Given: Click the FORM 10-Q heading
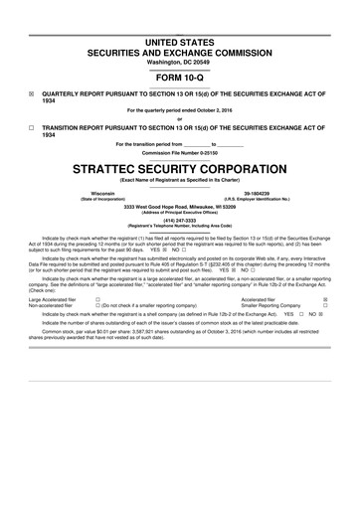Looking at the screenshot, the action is [179, 78].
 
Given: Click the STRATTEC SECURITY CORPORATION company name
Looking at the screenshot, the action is [179, 168].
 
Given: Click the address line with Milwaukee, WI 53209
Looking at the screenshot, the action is [179, 206].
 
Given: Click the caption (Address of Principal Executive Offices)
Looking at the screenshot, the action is [179, 213].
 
